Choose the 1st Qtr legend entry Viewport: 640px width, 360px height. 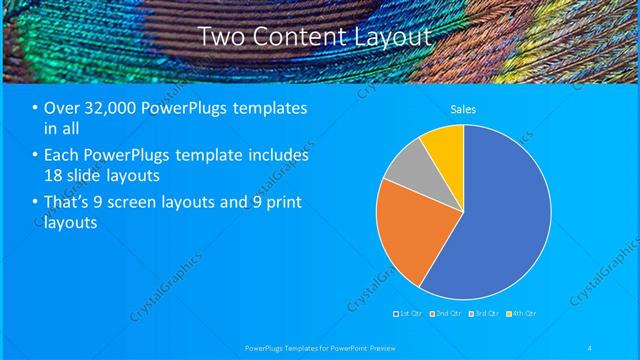(408, 314)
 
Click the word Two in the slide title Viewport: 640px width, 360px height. (220, 37)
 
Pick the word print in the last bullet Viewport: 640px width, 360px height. (279, 203)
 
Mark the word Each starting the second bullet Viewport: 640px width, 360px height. (61, 156)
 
